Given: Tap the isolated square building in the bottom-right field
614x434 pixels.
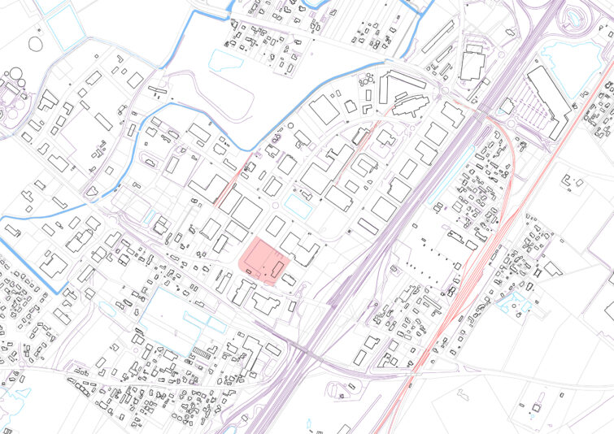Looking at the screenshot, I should tap(537, 406).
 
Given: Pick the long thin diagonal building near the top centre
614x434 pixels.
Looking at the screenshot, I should tap(437, 37).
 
